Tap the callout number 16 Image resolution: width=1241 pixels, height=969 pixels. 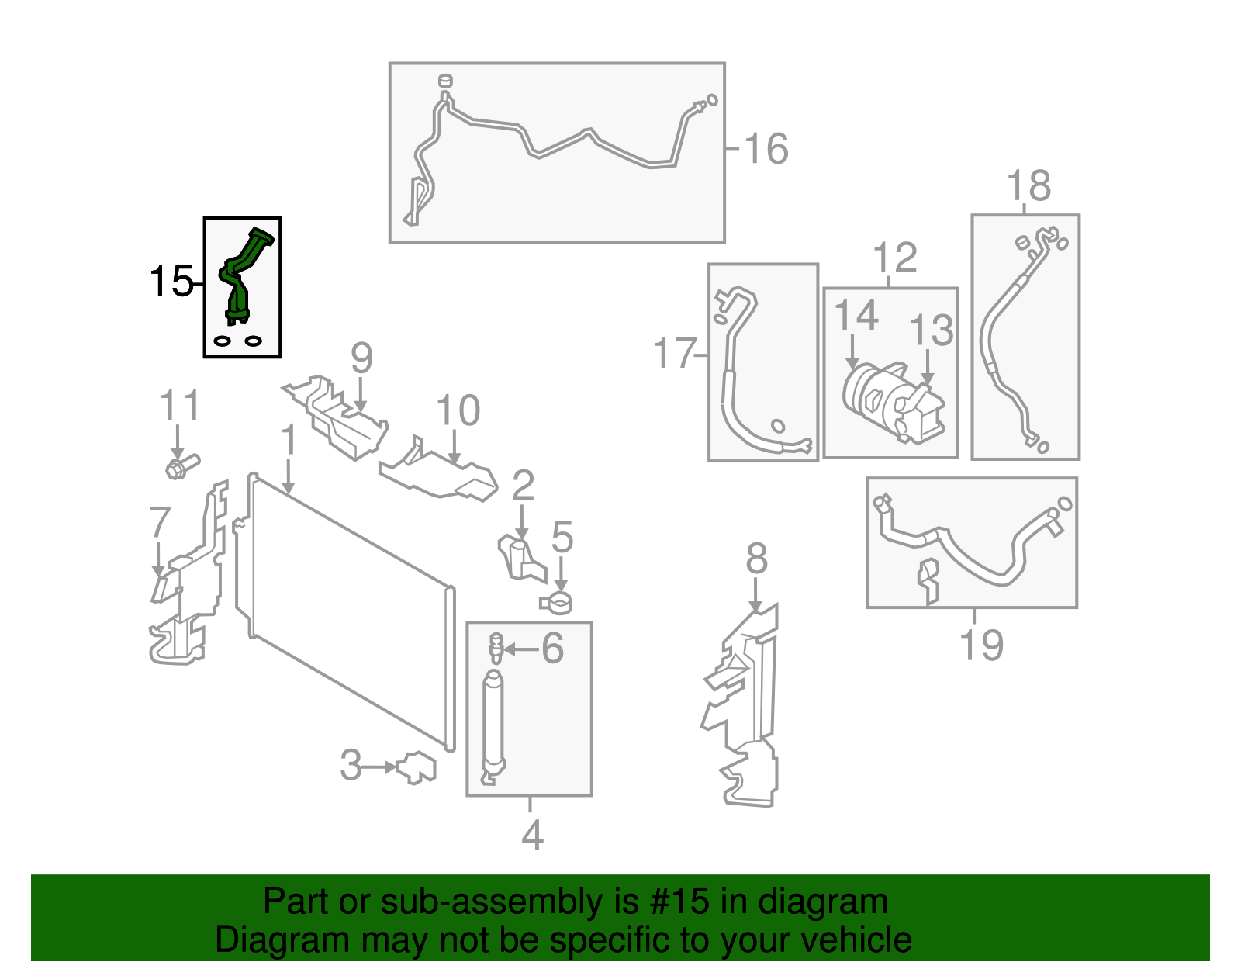coord(766,149)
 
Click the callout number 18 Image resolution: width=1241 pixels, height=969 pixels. coord(1028,186)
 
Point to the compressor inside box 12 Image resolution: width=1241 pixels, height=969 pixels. coord(892,400)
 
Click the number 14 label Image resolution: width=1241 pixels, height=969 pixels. coord(856,316)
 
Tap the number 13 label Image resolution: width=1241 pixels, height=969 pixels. coord(931,330)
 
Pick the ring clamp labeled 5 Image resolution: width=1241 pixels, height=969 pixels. coord(556,601)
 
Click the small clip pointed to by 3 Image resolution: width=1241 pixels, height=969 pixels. coord(417,767)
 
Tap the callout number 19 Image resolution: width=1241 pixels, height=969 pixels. coord(981,645)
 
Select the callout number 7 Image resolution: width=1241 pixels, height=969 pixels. coord(159,522)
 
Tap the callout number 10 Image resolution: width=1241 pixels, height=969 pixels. coord(458,410)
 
